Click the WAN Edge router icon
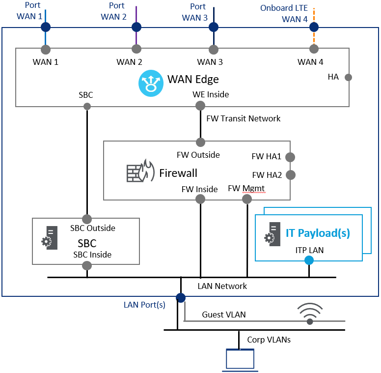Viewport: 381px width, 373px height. (x=151, y=83)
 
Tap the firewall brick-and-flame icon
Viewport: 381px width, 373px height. (x=137, y=171)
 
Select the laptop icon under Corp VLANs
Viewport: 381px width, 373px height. (x=241, y=359)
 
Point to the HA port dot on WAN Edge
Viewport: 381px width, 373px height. (x=348, y=77)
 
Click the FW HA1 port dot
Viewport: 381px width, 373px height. (x=290, y=157)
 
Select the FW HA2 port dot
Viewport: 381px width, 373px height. (x=290, y=174)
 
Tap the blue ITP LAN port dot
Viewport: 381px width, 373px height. (x=309, y=260)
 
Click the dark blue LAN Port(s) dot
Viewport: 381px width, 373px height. (x=181, y=297)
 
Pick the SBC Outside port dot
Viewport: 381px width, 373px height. (x=87, y=219)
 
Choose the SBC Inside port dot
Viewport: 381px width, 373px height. (x=87, y=265)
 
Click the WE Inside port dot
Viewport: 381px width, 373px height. (x=200, y=106)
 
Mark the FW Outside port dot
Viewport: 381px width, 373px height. (x=200, y=143)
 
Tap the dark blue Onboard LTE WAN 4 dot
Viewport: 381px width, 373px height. (x=314, y=27)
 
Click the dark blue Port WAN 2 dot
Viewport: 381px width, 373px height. (x=136, y=27)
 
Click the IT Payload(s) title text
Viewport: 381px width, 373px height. (x=318, y=233)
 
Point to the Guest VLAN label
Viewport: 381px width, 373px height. (x=224, y=315)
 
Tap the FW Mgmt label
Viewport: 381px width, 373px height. (x=246, y=188)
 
